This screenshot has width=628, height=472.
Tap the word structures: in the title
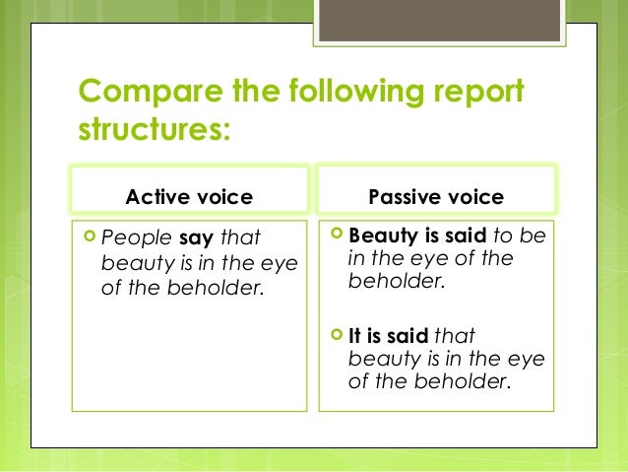click(x=154, y=130)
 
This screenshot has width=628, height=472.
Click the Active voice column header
click(x=189, y=197)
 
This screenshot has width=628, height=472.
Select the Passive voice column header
click(x=435, y=197)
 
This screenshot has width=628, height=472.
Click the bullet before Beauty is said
click(x=335, y=236)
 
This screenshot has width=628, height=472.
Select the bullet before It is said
click(x=335, y=335)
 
